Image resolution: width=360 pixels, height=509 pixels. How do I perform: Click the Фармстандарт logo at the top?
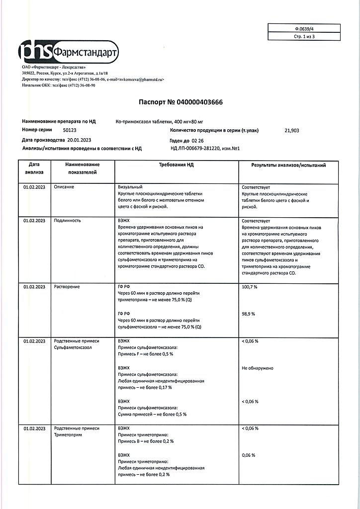pos(69,52)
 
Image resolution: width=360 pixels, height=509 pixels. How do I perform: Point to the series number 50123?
pos(64,130)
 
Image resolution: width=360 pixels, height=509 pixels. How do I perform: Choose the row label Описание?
pos(64,186)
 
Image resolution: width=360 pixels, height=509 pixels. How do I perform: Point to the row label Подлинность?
pos(67,220)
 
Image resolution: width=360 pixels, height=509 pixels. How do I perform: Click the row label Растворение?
pos(67,287)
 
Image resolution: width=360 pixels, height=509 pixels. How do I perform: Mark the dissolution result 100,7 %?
pos(250,287)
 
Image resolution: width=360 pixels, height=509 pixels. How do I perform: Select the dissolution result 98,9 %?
pos(248,314)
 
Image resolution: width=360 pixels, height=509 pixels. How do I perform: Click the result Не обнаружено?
pos(257,368)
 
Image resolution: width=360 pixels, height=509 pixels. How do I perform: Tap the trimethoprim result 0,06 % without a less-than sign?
pos(248,455)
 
